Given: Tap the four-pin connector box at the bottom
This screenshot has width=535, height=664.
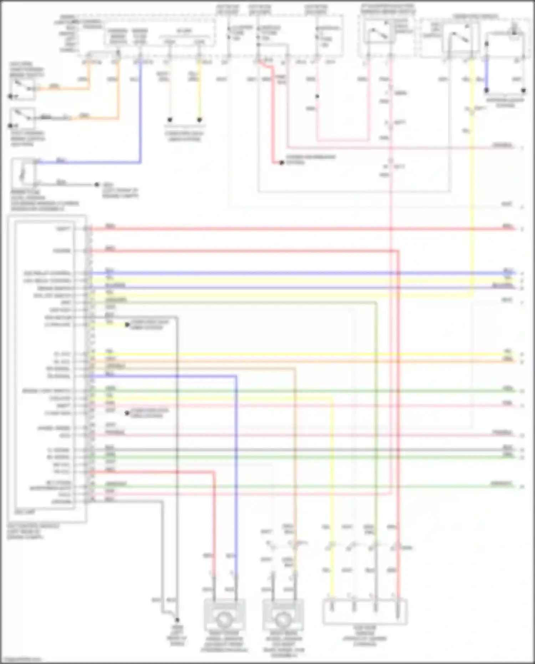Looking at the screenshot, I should click(365, 612).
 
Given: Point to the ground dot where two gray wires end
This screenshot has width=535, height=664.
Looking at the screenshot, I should click(177, 620).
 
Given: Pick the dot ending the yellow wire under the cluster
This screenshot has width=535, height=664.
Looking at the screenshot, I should click(199, 120).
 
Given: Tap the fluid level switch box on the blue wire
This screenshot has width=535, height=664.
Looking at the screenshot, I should click(24, 173).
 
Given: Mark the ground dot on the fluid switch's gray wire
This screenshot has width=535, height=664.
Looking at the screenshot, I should click(97, 184).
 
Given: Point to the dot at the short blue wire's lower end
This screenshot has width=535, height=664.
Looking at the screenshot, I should click(486, 91).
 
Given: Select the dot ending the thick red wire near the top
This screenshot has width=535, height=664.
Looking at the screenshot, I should click(281, 163).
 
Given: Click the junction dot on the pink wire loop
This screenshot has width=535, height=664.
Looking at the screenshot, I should click(317, 96).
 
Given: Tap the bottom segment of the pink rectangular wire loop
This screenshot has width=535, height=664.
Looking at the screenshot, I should click(342, 140).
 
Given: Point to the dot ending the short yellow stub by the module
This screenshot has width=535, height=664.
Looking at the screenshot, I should click(127, 325).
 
